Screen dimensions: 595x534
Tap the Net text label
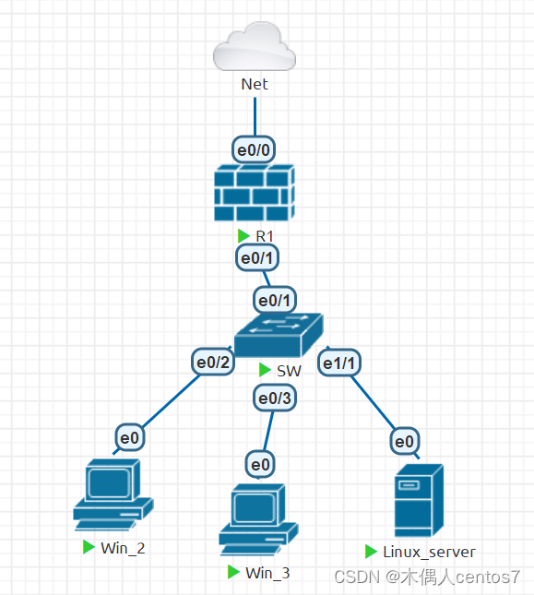[x=254, y=84]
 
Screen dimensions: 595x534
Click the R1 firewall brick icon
[x=254, y=193]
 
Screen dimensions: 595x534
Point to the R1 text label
[x=265, y=236]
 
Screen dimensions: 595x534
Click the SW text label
[x=288, y=370]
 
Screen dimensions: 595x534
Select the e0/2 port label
[x=213, y=363]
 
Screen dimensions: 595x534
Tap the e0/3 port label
[x=275, y=399]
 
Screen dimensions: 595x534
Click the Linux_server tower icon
[x=418, y=501]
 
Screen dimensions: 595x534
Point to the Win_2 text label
[x=123, y=548]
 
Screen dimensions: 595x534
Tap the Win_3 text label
[x=267, y=573]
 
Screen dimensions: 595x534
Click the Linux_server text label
[x=430, y=552]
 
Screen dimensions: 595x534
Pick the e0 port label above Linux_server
[x=404, y=442]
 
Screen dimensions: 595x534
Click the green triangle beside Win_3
[x=234, y=572]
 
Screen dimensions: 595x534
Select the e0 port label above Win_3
[x=260, y=462]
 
